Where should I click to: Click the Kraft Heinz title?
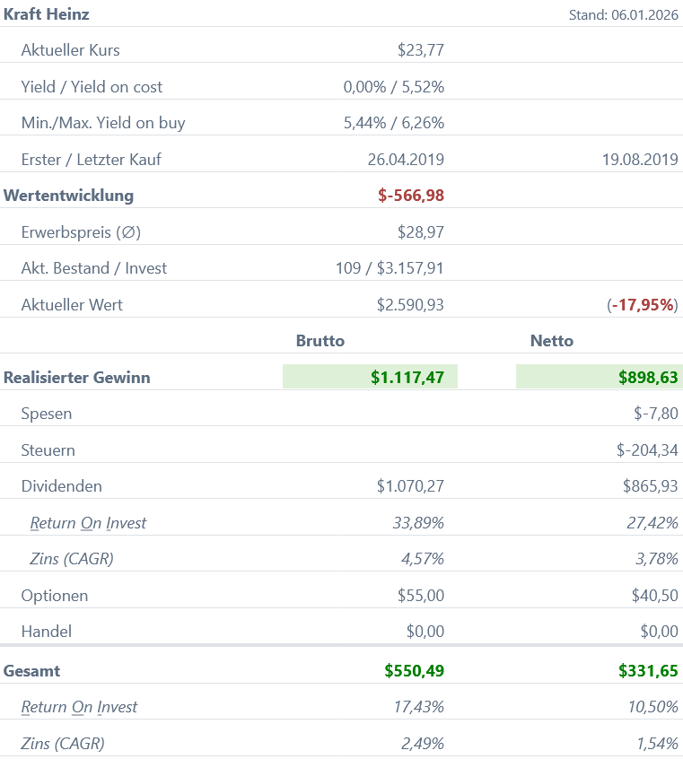(47, 14)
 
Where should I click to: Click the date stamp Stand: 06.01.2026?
(623, 15)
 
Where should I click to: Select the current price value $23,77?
(420, 50)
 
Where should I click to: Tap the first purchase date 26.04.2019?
(406, 160)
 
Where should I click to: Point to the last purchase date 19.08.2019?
(640, 160)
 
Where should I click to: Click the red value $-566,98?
(411, 196)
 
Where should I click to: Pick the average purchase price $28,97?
(420, 232)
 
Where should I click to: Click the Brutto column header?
(320, 341)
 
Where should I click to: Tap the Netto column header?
(552, 341)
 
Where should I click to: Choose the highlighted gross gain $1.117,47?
(407, 378)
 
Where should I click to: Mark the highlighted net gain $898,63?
(648, 378)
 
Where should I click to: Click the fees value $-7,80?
(655, 414)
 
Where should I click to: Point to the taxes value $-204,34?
(647, 450)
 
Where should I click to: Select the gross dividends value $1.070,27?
(410, 487)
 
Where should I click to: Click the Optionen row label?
(55, 596)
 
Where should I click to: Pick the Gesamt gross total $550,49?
(414, 671)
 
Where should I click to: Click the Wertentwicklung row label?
(68, 196)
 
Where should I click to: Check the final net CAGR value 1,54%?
(655, 744)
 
